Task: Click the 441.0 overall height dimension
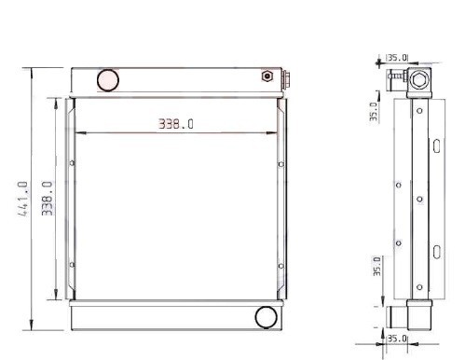pos(22,199)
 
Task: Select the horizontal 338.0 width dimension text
pos(176,124)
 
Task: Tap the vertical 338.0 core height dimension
pos(48,199)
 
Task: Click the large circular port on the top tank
pos(108,80)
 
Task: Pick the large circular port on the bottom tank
pos(266,317)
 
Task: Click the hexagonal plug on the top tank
pos(267,76)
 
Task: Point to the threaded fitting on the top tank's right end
pos(286,79)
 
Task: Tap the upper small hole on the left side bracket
pos(72,162)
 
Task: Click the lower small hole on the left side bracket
pos(72,265)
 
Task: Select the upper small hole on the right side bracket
pos(280,164)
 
